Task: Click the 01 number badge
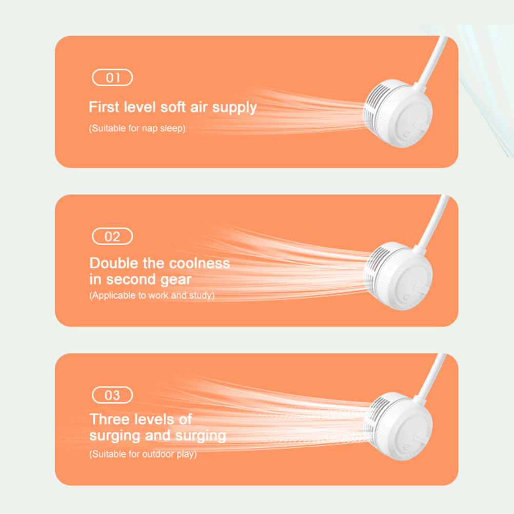click(112, 77)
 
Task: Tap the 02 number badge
click(112, 236)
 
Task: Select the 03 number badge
click(112, 395)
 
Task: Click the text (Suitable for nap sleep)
click(137, 128)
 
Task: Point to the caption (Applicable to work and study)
click(152, 295)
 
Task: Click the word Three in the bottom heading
click(109, 419)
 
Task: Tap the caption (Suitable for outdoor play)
click(143, 454)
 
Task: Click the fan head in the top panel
click(398, 113)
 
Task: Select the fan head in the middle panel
click(398, 275)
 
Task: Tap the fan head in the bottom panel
click(398, 426)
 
